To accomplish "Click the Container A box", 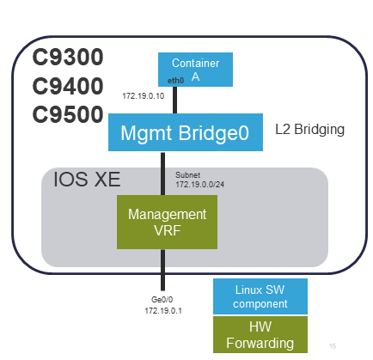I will (x=195, y=70).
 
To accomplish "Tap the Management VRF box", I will (x=167, y=221).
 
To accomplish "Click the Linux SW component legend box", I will (x=260, y=296).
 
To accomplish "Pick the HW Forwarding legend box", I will (x=260, y=335).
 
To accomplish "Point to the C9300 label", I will (x=68, y=58).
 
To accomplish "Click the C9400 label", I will (x=68, y=86).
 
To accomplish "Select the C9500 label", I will (x=68, y=114).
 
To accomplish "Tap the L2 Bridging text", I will (x=309, y=130).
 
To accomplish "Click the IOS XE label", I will (x=87, y=180).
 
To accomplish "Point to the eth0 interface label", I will (x=176, y=80).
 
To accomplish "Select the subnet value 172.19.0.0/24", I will (x=199, y=185).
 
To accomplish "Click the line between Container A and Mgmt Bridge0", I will (x=174, y=101).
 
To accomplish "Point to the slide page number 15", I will (x=333, y=345).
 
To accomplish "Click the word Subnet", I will (x=188, y=174).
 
